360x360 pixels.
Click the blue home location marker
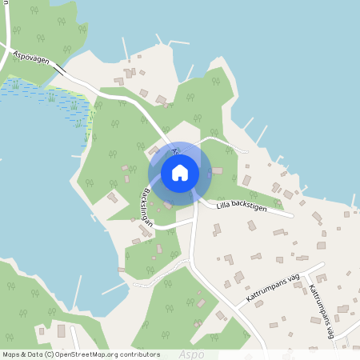180,172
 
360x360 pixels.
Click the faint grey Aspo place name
191,354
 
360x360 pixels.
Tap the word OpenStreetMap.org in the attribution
87,354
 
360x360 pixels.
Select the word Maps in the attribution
11,354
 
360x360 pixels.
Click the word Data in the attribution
34,354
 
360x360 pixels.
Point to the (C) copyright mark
50,354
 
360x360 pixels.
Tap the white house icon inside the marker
180,172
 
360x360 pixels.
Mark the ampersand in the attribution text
23,354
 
